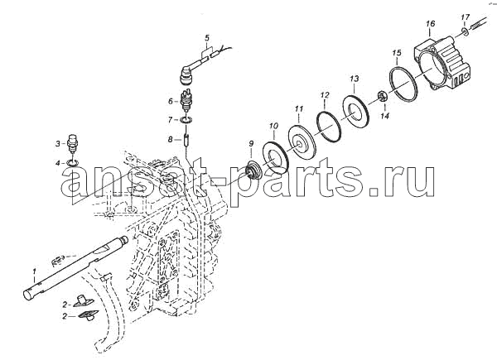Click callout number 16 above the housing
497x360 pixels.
(x=431, y=23)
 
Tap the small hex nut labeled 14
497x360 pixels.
(x=382, y=96)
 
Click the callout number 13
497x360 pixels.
(x=355, y=78)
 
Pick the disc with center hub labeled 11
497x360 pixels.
(x=301, y=142)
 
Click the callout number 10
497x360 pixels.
(x=274, y=126)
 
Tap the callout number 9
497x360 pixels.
(x=251, y=143)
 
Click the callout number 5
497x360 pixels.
(x=207, y=38)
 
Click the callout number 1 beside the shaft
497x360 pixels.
(x=35, y=271)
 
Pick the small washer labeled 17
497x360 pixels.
(x=465, y=31)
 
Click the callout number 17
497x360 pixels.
(x=465, y=17)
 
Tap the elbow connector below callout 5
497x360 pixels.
(x=186, y=74)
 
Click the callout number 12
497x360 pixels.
(x=325, y=94)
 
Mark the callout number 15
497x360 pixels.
(x=397, y=53)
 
